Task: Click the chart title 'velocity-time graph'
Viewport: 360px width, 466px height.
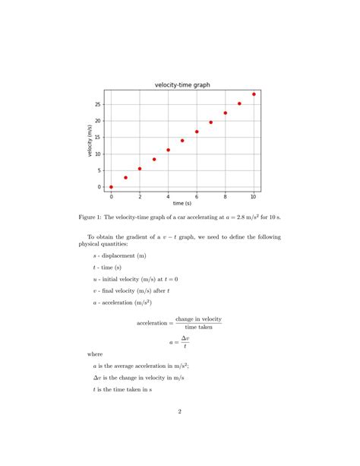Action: point(182,84)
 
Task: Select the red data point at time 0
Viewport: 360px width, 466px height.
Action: point(111,187)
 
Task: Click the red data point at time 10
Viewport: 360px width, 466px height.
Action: point(254,94)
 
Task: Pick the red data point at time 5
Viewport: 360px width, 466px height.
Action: point(182,141)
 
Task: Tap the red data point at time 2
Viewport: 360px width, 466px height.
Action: point(140,169)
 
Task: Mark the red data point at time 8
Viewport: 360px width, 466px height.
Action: point(225,113)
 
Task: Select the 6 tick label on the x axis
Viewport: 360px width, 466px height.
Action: point(197,197)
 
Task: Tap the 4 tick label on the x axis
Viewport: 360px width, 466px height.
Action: point(168,197)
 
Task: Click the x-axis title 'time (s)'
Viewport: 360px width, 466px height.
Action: point(182,204)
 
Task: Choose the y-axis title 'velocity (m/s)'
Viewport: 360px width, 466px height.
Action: point(90,141)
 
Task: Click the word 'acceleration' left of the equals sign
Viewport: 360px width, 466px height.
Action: point(153,323)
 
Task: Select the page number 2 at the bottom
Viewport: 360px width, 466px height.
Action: point(180,412)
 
